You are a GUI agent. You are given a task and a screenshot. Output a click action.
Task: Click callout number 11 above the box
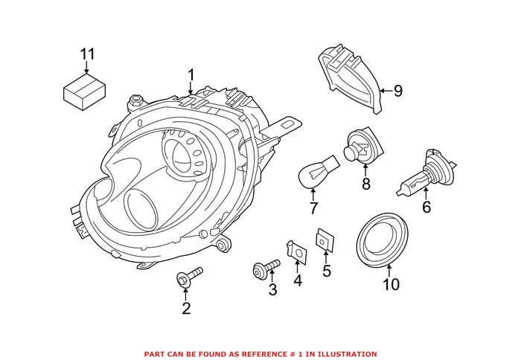pyautogui.click(x=88, y=54)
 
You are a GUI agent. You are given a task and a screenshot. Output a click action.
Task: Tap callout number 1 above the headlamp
pyautogui.click(x=191, y=75)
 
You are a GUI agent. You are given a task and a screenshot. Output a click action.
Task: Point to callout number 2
pyautogui.click(x=185, y=308)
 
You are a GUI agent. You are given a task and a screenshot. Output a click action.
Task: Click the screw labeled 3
pyautogui.click(x=266, y=266)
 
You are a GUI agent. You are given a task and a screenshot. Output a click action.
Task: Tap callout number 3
pyautogui.click(x=272, y=290)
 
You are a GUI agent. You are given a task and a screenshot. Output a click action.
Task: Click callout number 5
pyautogui.click(x=326, y=271)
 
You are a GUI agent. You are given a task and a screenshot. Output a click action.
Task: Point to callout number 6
pyautogui.click(x=426, y=208)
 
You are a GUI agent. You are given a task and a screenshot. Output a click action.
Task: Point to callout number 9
pyautogui.click(x=397, y=91)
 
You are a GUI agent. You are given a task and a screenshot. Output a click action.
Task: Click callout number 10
pyautogui.click(x=391, y=284)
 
